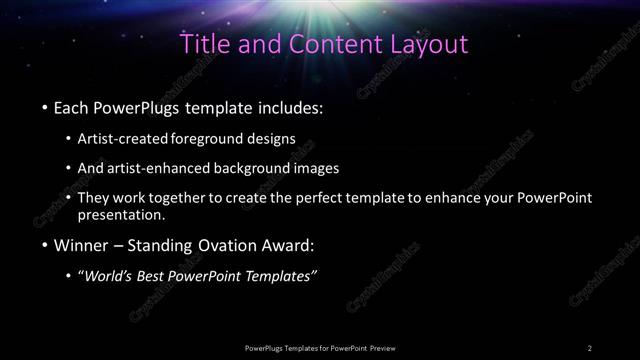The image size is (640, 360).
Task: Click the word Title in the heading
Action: (204, 44)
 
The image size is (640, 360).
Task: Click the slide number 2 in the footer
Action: (590, 347)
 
